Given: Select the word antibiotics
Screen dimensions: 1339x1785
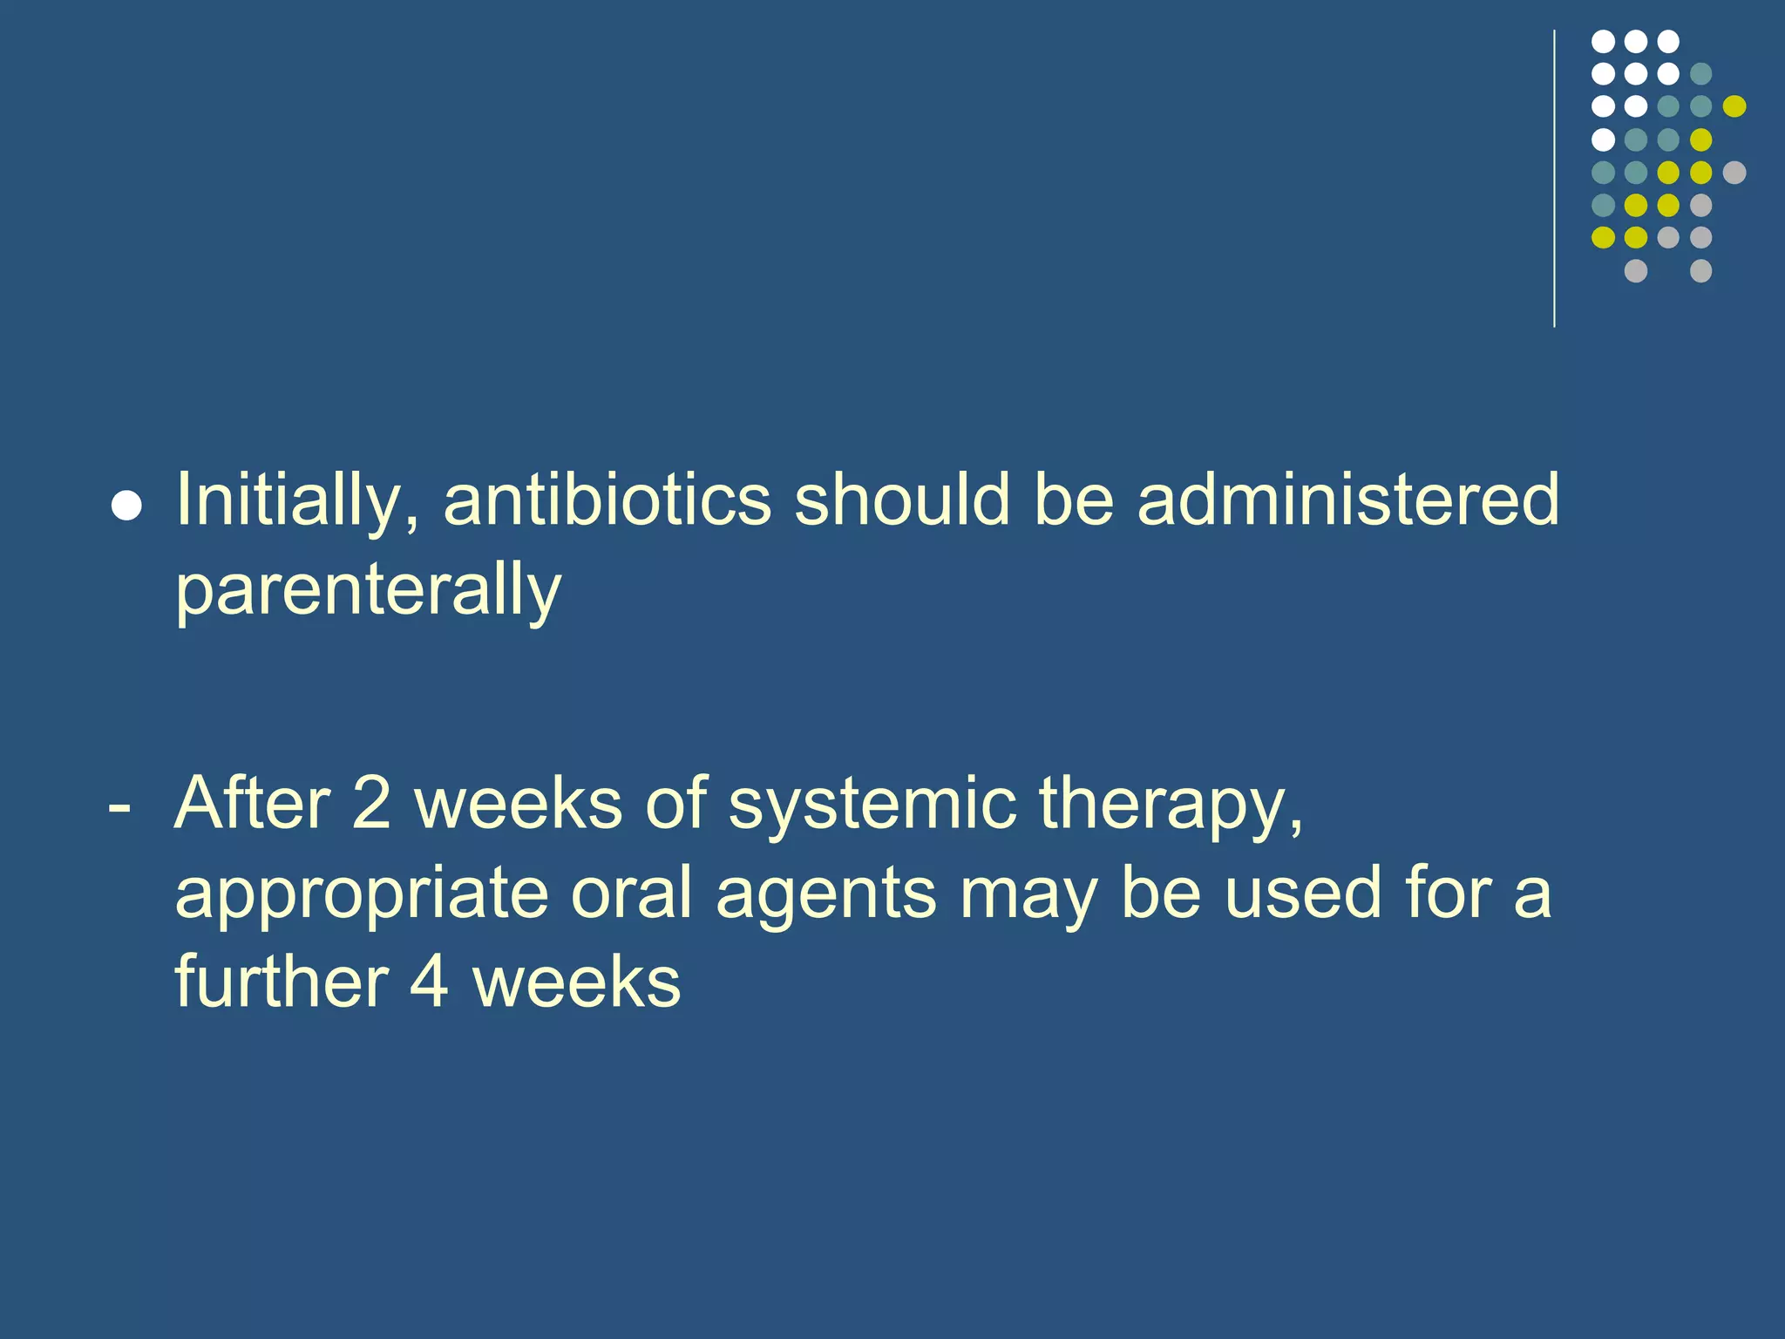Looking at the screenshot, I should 607,500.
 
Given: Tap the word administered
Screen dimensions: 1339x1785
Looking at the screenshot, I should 1347,500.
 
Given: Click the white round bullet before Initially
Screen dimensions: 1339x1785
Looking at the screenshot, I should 127,506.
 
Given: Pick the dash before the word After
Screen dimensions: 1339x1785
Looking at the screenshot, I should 119,808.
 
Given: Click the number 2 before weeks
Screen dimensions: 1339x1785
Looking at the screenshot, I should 371,803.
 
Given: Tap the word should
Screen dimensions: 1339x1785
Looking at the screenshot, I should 901,500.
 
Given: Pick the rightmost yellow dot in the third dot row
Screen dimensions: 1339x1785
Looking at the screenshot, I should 1734,106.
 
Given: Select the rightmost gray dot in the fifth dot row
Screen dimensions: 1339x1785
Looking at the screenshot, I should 1734,173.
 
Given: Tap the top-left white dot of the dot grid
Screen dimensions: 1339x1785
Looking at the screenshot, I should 1603,41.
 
